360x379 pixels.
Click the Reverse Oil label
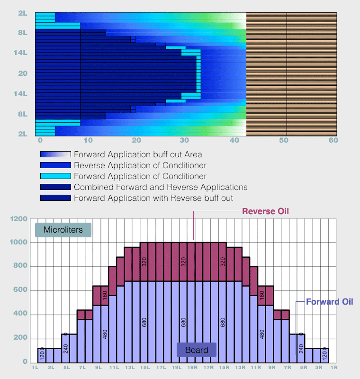(265, 211)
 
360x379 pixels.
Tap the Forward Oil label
(329, 302)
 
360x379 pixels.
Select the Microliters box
(63, 230)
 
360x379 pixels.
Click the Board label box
(197, 350)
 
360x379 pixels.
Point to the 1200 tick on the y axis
(20, 219)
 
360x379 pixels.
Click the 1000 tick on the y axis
(20, 243)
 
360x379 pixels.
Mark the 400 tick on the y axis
(22, 315)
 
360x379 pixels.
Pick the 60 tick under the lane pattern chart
(333, 140)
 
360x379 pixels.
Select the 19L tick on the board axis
(176, 367)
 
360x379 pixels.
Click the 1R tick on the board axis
(333, 367)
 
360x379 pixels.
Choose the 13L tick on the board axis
(129, 367)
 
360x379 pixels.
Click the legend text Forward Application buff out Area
(138, 154)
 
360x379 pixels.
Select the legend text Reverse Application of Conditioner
(140, 165)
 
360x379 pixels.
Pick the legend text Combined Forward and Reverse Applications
(161, 187)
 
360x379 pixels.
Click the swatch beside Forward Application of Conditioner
(55, 176)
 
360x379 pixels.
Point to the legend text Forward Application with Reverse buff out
(153, 198)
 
